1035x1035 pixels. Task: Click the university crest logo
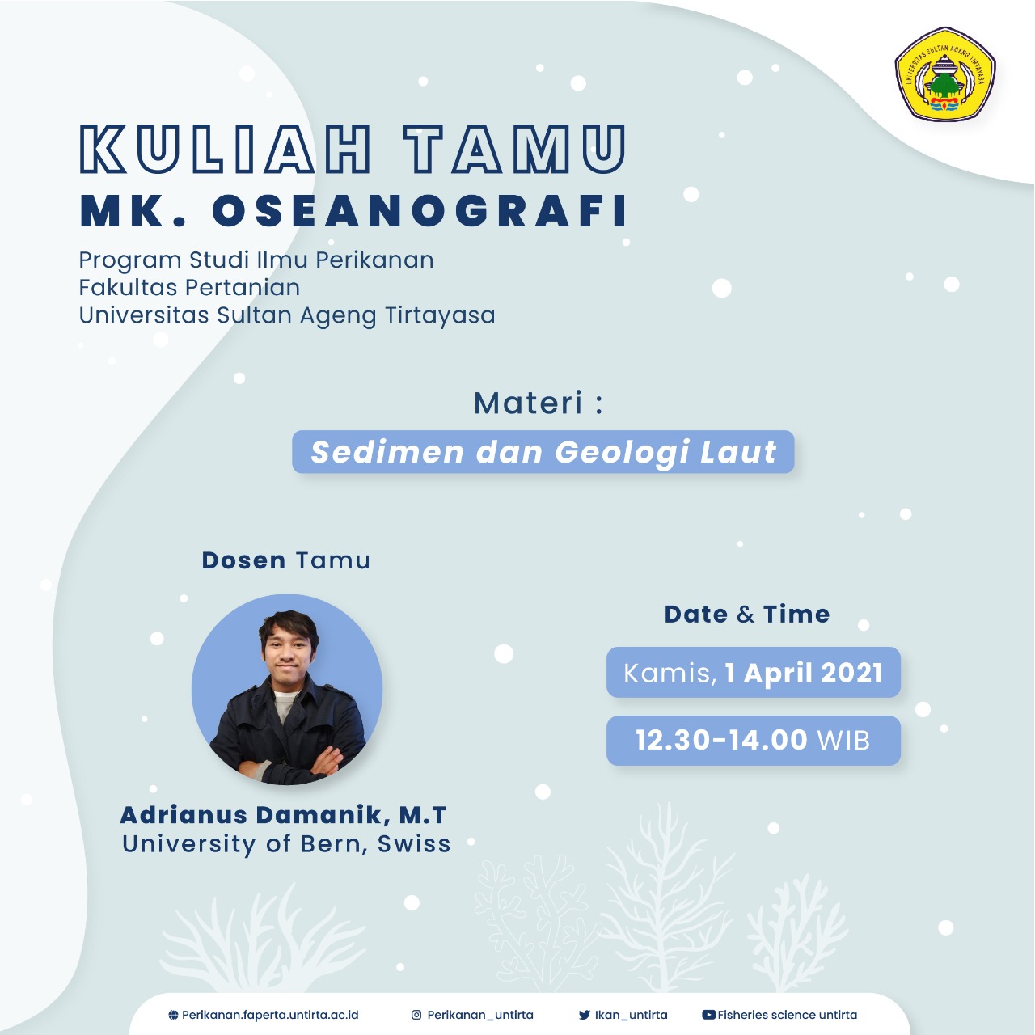coord(944,74)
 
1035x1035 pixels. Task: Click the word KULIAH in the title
coord(225,149)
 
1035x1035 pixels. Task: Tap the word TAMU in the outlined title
coord(515,149)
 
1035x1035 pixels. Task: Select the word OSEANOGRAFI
coord(420,212)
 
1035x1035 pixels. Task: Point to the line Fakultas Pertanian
coord(189,287)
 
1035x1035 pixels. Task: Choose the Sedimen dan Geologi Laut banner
coord(543,452)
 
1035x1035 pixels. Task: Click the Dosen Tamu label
coord(285,560)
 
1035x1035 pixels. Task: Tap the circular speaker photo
coord(287,689)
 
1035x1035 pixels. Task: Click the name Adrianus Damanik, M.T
coord(283,815)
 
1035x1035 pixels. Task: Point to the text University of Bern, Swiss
coord(286,844)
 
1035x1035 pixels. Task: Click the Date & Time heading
coord(747,614)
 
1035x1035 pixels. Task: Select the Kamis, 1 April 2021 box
coord(753,673)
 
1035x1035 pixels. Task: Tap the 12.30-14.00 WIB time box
coord(753,740)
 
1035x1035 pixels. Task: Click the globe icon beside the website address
coord(173,1015)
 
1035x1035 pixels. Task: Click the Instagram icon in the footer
coord(416,1015)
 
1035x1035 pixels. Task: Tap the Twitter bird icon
coord(585,1015)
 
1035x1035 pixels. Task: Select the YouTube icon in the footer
coord(708,1015)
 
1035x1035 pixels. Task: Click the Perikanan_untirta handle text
coord(480,1015)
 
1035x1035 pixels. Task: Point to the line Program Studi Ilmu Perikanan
coord(256,260)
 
